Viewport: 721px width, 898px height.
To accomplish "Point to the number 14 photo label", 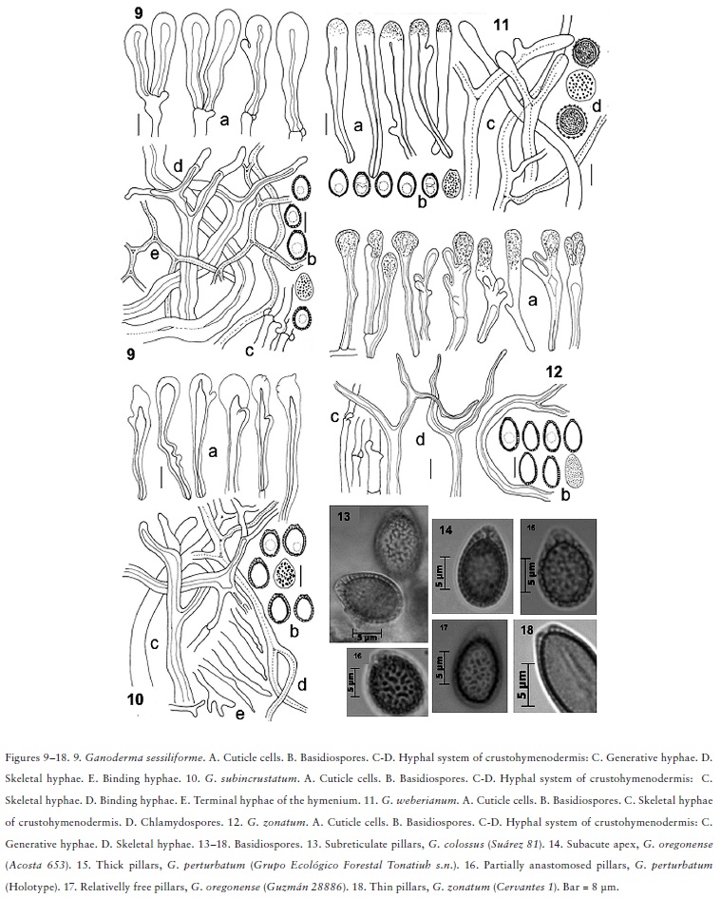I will [444, 528].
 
